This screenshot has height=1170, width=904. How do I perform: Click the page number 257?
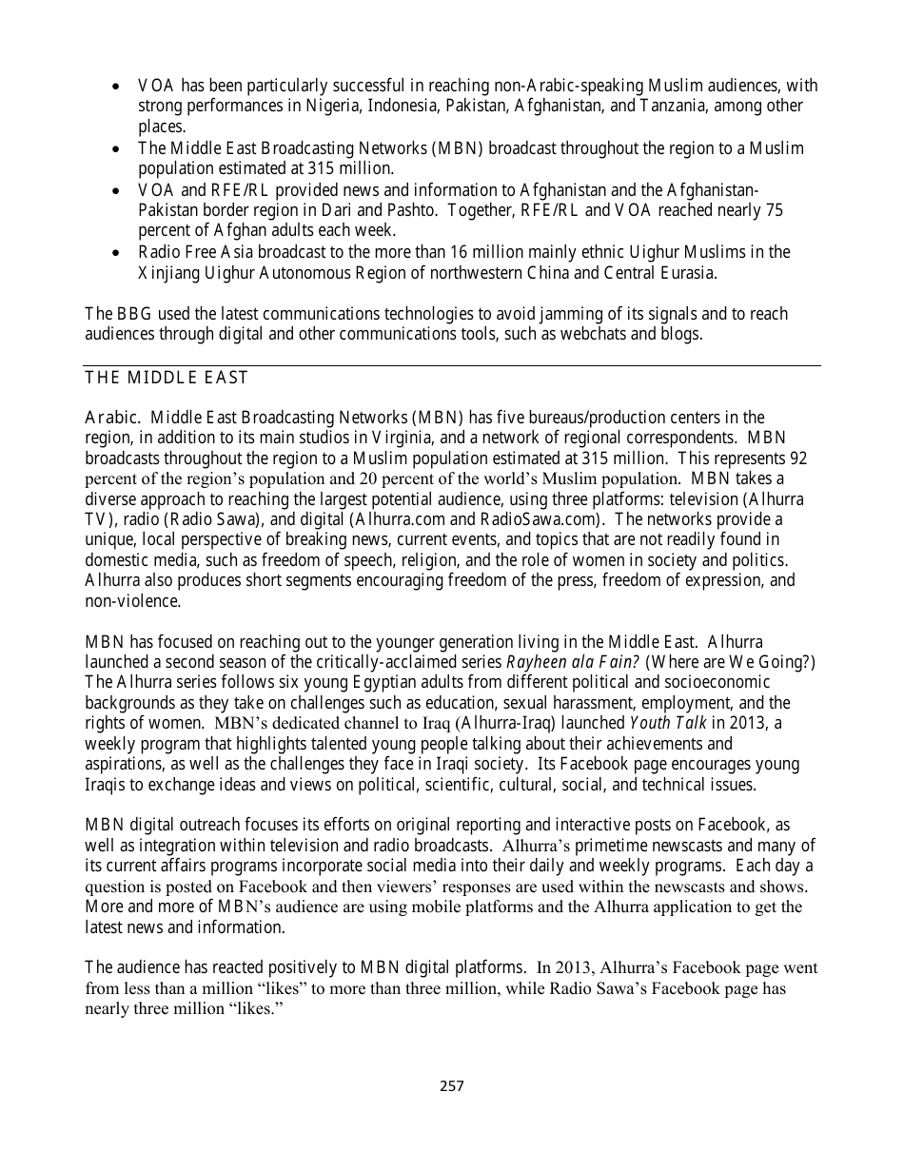tap(452, 1085)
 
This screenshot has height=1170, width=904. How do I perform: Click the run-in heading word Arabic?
tap(113, 418)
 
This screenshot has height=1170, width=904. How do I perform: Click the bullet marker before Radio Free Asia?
tap(115, 253)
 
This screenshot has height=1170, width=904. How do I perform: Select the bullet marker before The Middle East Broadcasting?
tap(115, 149)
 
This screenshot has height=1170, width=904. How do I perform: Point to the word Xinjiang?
tap(170, 273)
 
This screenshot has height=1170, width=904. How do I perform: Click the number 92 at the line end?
tap(797, 458)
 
